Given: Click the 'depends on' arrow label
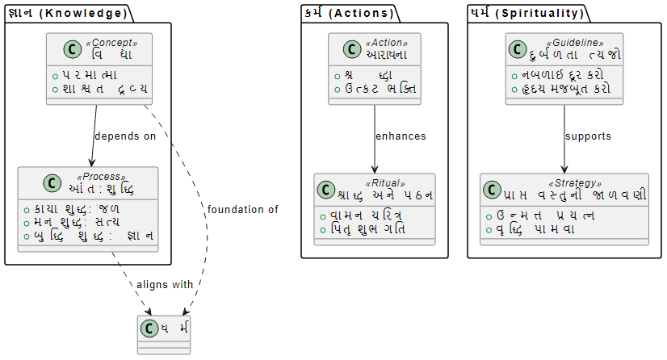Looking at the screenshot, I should pyautogui.click(x=125, y=136).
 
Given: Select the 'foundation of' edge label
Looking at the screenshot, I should pyautogui.click(x=243, y=210).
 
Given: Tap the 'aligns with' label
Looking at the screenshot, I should pyautogui.click(x=165, y=285).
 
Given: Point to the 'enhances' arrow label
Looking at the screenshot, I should pyautogui.click(x=401, y=136).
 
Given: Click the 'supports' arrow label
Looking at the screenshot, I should pyautogui.click(x=589, y=136).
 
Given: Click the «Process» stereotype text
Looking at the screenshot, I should pyautogui.click(x=101, y=177).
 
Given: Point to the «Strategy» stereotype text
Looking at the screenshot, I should pyautogui.click(x=575, y=183).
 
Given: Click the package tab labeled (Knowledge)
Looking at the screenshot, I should pyautogui.click(x=67, y=13).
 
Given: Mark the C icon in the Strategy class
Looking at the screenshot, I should pyautogui.click(x=492, y=190).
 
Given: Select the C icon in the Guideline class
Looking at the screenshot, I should pyautogui.click(x=518, y=50).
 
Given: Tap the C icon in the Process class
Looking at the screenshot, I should pyautogui.click(x=30, y=184).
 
